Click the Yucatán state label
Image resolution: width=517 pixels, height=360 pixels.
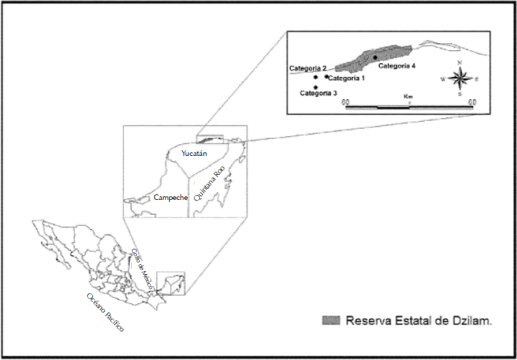tap(195, 153)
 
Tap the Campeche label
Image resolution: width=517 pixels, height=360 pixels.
tap(170, 198)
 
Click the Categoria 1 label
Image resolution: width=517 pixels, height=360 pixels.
tap(346, 78)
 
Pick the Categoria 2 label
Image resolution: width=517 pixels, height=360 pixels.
tap(307, 68)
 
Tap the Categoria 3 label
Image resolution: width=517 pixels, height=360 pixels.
tap(319, 93)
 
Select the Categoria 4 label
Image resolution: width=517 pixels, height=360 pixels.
tap(397, 66)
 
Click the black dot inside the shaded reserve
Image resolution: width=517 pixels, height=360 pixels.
tap(375, 57)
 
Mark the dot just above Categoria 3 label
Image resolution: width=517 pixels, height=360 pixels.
tap(316, 87)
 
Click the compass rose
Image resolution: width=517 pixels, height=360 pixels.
tap(459, 78)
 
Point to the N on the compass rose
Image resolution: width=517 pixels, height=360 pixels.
tap(459, 63)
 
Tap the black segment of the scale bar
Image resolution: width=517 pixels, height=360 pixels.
tap(393, 107)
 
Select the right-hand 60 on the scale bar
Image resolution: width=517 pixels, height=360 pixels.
tap(472, 103)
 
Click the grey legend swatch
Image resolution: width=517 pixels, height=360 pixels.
tap(331, 320)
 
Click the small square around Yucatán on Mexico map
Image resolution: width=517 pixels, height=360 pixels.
tap(170, 283)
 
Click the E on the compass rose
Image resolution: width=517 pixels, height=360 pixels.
tap(476, 79)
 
